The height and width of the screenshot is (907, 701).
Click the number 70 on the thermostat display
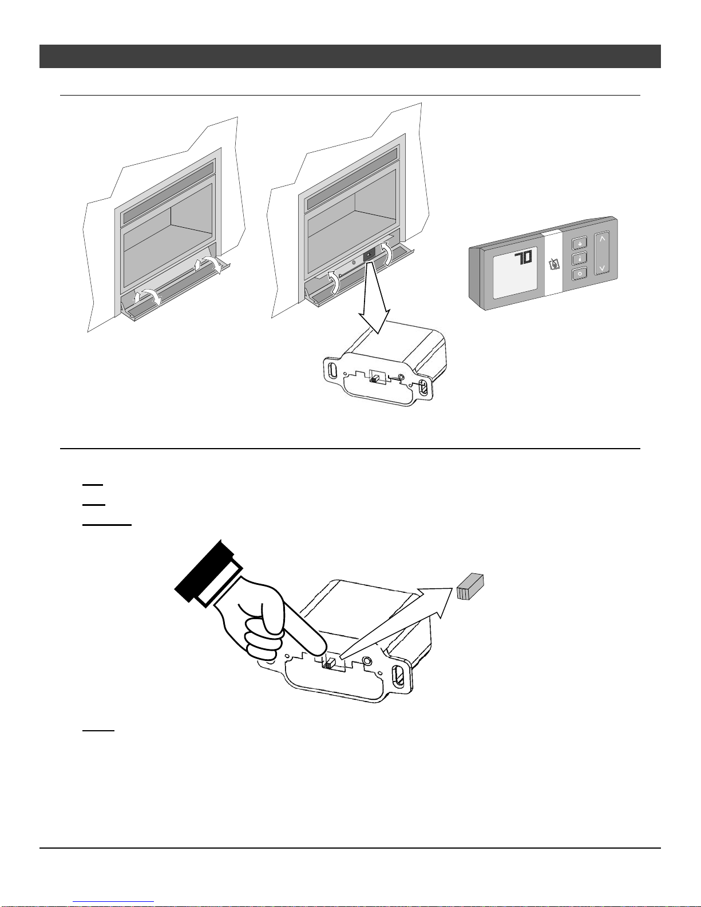coord(523,258)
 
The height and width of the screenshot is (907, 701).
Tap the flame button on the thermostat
coord(579,243)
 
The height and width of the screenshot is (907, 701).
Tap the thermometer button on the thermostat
coord(579,259)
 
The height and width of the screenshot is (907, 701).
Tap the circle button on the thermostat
coord(579,274)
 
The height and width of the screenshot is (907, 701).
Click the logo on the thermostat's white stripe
coord(554,264)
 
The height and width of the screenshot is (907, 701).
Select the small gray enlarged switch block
coord(470,587)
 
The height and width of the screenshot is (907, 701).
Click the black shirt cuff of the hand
coord(204,571)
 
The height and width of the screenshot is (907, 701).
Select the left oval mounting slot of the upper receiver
coord(333,370)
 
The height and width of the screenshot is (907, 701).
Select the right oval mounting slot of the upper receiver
coord(422,388)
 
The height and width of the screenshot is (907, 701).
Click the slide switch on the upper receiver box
coord(375,379)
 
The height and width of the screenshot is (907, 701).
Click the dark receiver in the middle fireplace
coord(369,254)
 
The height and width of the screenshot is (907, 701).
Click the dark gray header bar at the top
coord(350,56)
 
